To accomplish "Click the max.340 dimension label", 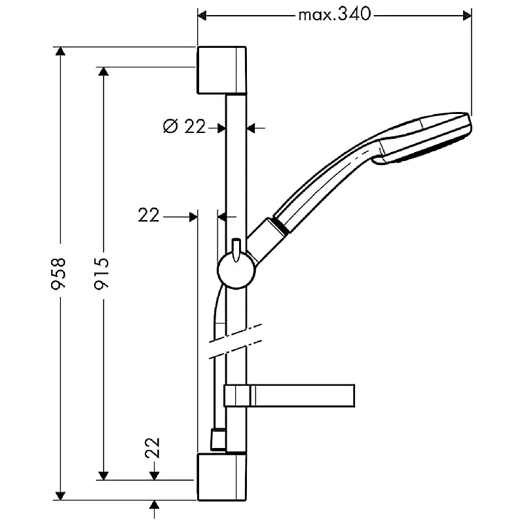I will pyautogui.click(x=335, y=14).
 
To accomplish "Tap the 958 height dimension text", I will pyautogui.click(x=59, y=274).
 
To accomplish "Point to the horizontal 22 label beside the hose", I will pyautogui.click(x=149, y=215).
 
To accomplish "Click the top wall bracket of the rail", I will pyautogui.click(x=221, y=71).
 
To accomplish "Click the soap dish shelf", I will pyautogui.click(x=290, y=396).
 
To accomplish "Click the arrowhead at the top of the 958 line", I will pyautogui.click(x=60, y=52).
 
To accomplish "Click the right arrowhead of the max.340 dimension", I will pyautogui.click(x=466, y=14).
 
